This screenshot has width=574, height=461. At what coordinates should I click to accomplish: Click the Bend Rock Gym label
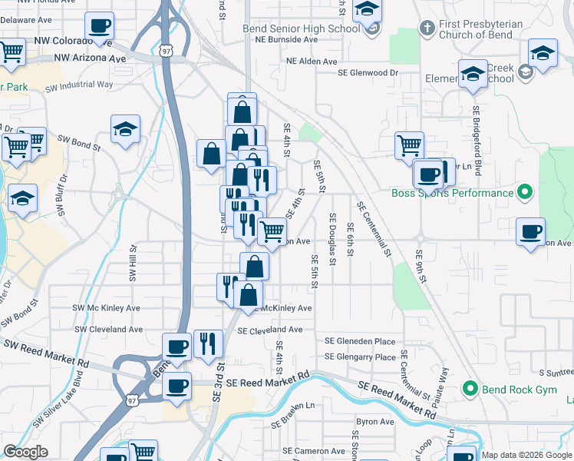click(x=520, y=390)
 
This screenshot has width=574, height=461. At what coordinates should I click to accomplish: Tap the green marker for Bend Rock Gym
click(x=471, y=390)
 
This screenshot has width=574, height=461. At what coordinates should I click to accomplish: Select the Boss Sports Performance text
click(x=452, y=193)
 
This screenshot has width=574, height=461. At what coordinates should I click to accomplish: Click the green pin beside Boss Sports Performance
click(x=525, y=191)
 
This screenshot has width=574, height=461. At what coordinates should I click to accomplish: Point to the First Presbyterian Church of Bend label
click(x=480, y=30)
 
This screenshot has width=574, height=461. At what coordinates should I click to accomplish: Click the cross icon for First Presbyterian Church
click(x=427, y=28)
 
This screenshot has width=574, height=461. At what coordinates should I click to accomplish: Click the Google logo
click(x=25, y=452)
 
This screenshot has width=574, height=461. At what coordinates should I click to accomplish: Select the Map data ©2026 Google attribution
click(x=526, y=455)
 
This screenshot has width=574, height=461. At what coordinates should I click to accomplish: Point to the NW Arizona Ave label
click(x=89, y=58)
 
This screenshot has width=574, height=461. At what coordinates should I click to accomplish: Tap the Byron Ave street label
click(x=374, y=421)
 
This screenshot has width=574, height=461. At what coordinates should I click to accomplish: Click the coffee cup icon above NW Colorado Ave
click(x=100, y=26)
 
